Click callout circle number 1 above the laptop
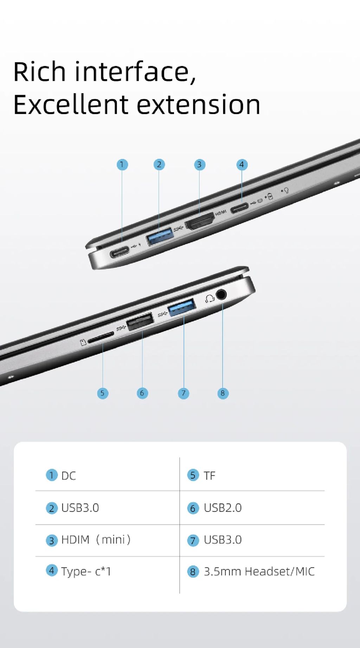coord(122,165)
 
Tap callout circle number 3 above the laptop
coord(199,165)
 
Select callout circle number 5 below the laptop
coord(103,393)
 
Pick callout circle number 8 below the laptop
coord(223,393)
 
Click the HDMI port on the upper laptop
coord(199,221)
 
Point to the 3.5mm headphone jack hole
coord(221,294)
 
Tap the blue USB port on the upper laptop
coord(160,236)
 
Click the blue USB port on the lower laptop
coord(182,307)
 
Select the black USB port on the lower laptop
coord(140,321)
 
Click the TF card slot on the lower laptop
coord(101,337)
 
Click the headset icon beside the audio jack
coord(210,299)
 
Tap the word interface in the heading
coord(135,72)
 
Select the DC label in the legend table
coord(69,476)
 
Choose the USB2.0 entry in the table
coord(223,508)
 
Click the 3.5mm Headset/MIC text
coord(259,571)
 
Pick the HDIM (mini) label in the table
coord(96,539)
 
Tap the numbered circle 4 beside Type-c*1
coord(52,570)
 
